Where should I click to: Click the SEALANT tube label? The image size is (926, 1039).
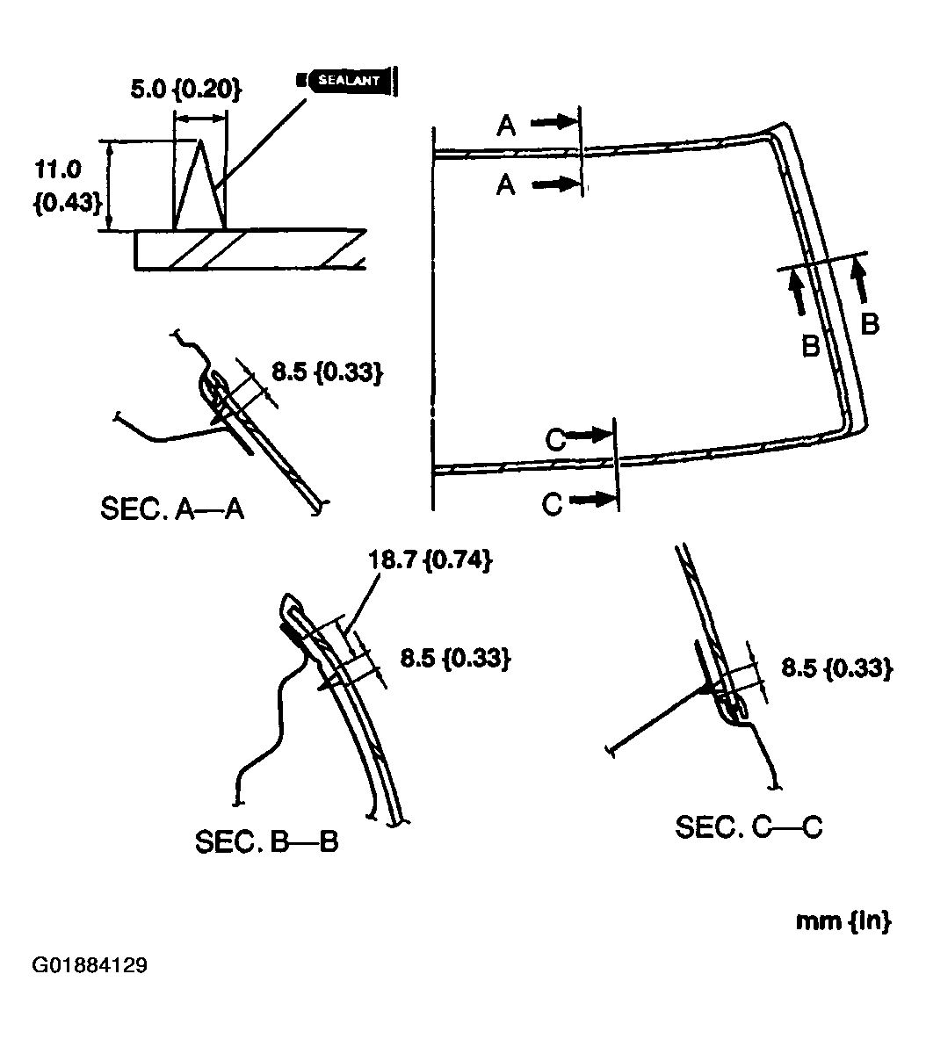click(x=348, y=80)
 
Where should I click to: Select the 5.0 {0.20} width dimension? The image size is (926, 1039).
click(x=181, y=90)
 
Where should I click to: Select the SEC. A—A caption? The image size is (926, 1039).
click(x=172, y=509)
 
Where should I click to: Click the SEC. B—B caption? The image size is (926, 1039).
click(x=266, y=841)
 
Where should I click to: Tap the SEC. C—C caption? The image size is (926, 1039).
click(x=749, y=826)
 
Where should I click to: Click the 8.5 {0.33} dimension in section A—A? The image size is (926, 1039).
click(x=326, y=372)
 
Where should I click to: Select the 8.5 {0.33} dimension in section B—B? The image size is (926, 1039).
click(x=455, y=658)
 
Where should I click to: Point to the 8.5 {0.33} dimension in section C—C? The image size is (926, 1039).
click(x=836, y=667)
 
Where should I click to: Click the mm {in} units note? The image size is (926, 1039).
click(x=843, y=921)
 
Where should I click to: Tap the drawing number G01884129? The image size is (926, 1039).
click(x=90, y=966)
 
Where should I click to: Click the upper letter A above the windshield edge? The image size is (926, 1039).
click(x=506, y=126)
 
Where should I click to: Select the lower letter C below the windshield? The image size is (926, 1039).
click(x=552, y=504)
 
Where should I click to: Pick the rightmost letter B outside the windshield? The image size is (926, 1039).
click(x=868, y=324)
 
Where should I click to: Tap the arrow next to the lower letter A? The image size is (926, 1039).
click(x=555, y=184)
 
